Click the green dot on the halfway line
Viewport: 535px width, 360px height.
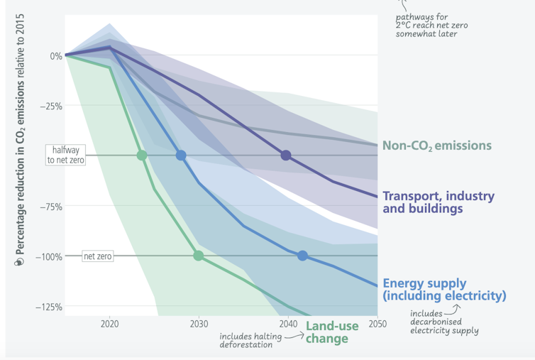coord(142,156)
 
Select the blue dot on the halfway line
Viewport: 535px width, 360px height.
coord(181,156)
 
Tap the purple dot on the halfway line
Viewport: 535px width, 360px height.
coord(286,156)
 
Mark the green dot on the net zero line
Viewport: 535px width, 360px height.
coord(199,256)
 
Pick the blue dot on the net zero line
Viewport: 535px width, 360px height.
coord(302,256)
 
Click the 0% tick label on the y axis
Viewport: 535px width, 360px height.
coord(55,55)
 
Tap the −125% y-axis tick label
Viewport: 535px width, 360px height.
coord(48,307)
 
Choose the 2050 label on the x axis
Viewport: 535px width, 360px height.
coord(377,324)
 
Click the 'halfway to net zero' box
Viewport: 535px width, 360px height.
coord(65,155)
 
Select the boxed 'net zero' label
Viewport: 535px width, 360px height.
coord(98,256)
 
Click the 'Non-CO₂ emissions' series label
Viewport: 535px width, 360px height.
coord(436,146)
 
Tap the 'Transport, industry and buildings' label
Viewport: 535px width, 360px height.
coord(439,202)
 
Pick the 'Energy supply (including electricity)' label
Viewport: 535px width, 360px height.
coord(444,288)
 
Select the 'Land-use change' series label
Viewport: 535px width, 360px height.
coord(327,332)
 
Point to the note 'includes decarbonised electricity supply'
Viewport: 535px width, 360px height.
coord(444,321)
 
